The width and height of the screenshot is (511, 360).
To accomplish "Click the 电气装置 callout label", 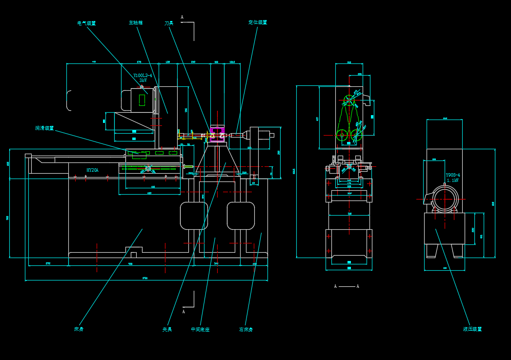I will point(87,23).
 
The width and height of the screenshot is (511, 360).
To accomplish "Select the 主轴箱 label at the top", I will point(136,22).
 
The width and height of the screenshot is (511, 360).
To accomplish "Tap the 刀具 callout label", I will point(169,23).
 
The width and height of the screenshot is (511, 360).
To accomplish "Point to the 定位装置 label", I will point(258,22).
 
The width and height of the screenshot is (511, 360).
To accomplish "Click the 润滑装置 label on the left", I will point(44,128).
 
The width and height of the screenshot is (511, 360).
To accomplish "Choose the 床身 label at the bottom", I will point(79,329).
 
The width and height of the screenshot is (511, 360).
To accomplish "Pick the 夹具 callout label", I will point(167,329).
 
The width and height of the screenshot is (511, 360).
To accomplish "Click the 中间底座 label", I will point(200,329).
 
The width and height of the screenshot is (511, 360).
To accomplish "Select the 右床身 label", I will point(246,329).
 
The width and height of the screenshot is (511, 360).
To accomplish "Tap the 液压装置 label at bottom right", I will point(472,329).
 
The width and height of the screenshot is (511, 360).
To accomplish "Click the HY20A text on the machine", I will point(92,170).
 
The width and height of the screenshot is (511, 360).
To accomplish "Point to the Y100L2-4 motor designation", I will point(143,76).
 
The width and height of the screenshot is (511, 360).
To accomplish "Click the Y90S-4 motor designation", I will point(452,175).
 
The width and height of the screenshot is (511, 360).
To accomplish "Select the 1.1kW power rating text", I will point(452,180).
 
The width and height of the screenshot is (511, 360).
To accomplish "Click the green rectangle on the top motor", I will point(142,100).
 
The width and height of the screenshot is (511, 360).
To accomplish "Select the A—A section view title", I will point(347,286).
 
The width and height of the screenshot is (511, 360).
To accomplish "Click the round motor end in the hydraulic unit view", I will point(445,200).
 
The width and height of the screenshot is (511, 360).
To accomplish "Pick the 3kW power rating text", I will point(143,80).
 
